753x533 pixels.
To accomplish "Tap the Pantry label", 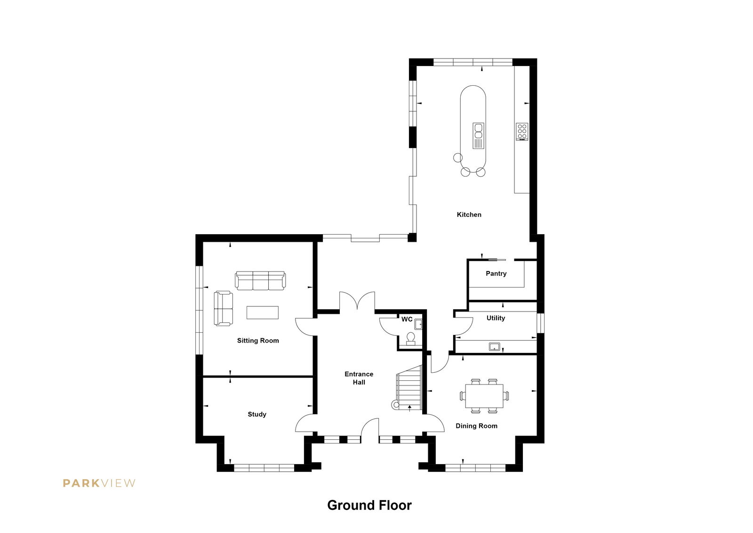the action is click(496, 274).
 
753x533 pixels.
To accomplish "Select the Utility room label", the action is click(496, 318).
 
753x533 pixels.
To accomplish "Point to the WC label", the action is click(407, 319).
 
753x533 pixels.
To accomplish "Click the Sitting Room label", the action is click(258, 341).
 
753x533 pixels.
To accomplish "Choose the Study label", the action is click(257, 415).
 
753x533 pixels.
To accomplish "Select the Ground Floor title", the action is click(369, 505).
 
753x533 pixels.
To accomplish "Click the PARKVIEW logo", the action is click(99, 484).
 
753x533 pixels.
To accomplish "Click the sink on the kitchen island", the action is click(478, 135).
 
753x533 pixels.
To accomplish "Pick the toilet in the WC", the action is click(411, 339).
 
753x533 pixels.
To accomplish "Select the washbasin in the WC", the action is click(418, 324).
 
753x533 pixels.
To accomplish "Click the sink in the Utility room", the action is click(495, 346).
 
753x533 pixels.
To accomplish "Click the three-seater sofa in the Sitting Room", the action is click(260, 281).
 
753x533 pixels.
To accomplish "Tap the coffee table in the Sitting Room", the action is click(263, 312).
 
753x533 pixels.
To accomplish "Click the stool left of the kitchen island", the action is click(458, 157).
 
